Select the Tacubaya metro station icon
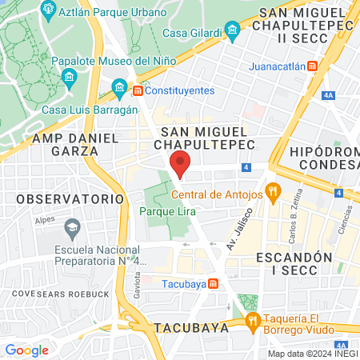pyautogui.click(x=213, y=283)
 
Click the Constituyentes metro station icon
pyautogui.click(x=138, y=91)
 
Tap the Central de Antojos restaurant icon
pyautogui.click(x=274, y=192)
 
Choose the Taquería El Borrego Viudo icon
pyautogui.click(x=254, y=321)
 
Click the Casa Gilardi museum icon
pyautogui.click(x=233, y=33)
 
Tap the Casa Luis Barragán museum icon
pyautogui.click(x=120, y=86)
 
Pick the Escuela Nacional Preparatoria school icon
pyautogui.click(x=73, y=228)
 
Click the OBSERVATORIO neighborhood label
pyautogui.click(x=70, y=198)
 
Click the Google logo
pyautogui.click(x=26, y=350)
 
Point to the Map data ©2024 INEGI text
pyautogui.click(x=311, y=354)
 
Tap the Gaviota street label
pyautogui.click(x=138, y=283)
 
